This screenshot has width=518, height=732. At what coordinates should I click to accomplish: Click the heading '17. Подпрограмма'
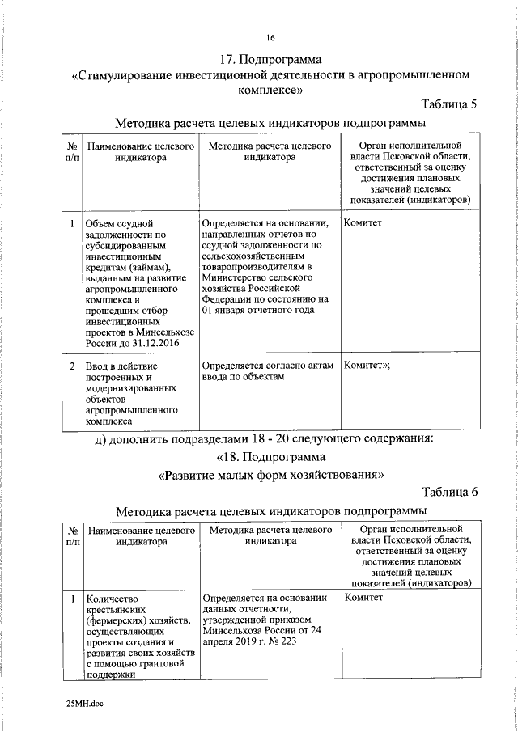(270, 60)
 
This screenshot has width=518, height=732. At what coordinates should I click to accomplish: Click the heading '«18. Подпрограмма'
(270, 457)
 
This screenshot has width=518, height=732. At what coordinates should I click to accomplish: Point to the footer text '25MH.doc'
(86, 704)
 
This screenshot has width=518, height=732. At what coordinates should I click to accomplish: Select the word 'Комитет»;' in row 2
(368, 366)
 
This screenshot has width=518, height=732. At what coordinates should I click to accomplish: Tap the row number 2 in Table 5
(72, 366)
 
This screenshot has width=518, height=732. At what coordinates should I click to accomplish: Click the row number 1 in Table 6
(72, 599)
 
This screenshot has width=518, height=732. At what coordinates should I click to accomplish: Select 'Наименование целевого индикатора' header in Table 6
(141, 537)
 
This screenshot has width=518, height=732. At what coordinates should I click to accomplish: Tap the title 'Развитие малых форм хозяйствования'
(270, 475)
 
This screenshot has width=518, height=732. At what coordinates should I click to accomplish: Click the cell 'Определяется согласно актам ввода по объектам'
(266, 371)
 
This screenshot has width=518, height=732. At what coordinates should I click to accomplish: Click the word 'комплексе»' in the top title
(270, 91)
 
